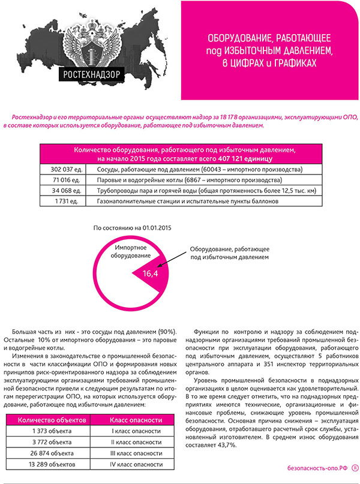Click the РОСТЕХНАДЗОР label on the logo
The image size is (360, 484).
[91, 76]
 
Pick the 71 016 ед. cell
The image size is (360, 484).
[63, 180]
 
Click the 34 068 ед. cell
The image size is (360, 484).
[63, 191]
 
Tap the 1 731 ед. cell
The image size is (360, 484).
[63, 202]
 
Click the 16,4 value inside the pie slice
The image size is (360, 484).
[149, 273]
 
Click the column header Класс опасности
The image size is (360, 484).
[136, 420]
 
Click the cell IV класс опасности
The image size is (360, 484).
[136, 464]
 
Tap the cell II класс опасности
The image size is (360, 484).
[136, 443]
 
